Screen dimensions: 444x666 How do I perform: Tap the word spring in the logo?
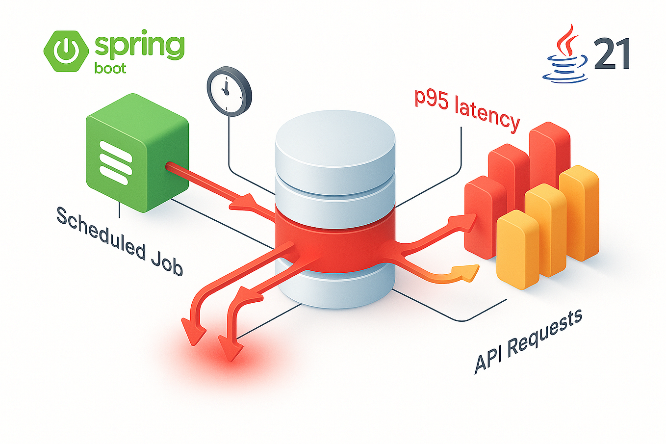[140, 46]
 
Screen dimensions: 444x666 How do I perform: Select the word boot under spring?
[110, 68]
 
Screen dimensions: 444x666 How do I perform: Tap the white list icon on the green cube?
[115, 162]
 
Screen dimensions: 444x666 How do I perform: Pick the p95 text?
[432, 97]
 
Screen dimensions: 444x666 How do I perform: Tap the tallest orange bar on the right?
[579, 211]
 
